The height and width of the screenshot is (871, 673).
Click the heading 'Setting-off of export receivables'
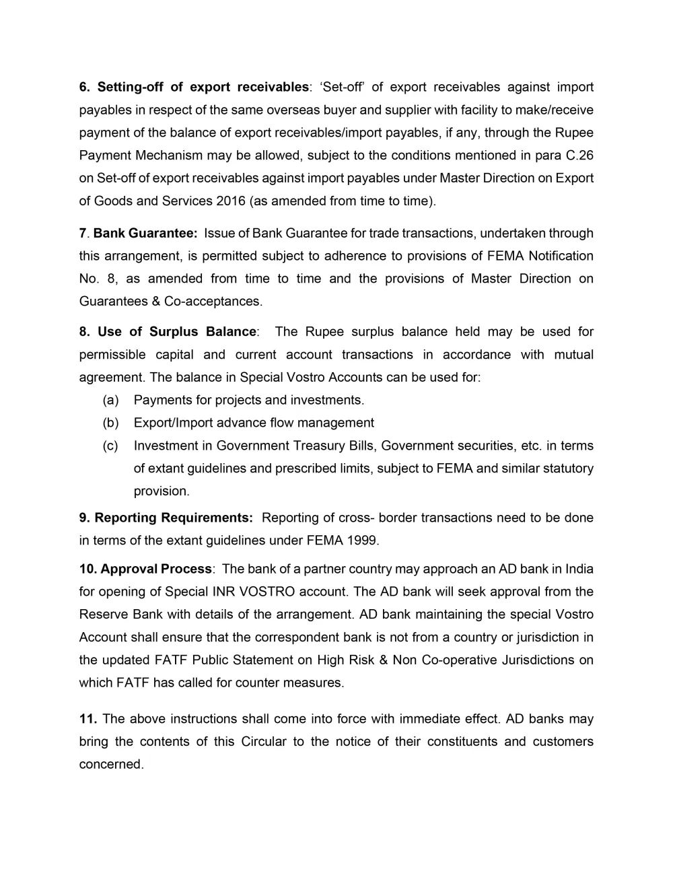(203, 87)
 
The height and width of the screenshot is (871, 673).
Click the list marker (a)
(111, 400)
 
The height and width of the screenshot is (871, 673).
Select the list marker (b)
(111, 423)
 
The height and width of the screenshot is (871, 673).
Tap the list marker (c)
(111, 446)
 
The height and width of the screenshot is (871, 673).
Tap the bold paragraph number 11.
(87, 719)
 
